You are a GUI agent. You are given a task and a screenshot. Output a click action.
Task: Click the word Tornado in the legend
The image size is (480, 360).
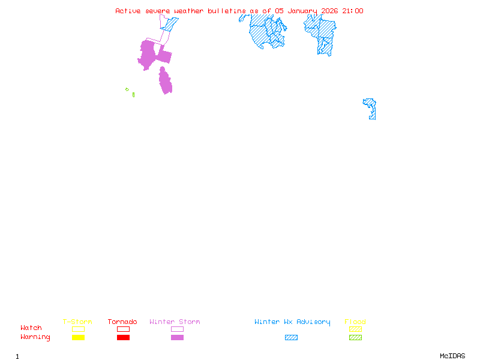tap(122, 322)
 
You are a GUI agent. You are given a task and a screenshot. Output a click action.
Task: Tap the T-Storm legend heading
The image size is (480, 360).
tap(77, 322)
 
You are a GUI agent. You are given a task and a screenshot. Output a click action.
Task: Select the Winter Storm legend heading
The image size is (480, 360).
tap(175, 322)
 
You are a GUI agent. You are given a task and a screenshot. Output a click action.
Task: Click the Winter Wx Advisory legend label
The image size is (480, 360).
tap(292, 322)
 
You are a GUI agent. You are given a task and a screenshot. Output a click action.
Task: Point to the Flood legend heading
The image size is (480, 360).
tap(355, 322)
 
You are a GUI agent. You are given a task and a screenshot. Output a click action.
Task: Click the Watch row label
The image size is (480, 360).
tap(31, 328)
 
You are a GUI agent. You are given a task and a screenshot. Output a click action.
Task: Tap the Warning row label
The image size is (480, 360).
tap(35, 337)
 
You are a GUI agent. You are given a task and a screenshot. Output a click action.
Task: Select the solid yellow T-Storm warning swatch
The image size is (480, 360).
tap(79, 337)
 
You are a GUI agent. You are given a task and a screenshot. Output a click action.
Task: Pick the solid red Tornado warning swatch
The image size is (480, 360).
tap(124, 337)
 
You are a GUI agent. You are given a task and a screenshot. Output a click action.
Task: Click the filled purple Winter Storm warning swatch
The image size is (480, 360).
tap(177, 337)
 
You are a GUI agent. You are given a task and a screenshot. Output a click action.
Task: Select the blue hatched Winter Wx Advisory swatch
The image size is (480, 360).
tap(291, 337)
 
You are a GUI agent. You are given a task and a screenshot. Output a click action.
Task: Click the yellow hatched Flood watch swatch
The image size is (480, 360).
tap(355, 329)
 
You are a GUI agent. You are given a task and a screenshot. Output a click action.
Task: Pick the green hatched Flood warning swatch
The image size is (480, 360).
tap(355, 337)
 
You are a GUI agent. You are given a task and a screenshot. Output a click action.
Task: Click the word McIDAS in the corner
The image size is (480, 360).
tap(452, 356)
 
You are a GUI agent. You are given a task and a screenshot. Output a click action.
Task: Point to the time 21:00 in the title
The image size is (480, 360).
tap(353, 11)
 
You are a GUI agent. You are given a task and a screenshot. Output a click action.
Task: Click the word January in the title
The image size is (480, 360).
tap(302, 11)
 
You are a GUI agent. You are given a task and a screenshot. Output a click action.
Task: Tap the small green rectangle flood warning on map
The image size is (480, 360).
tap(133, 95)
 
